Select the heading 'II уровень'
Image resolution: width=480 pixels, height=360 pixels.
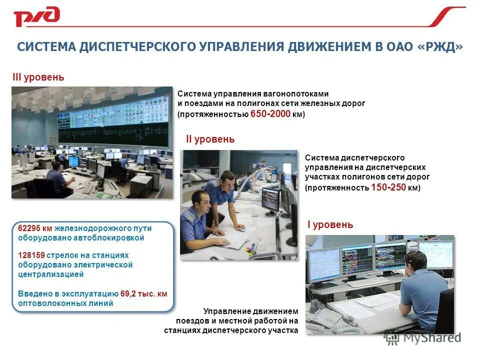[210, 139]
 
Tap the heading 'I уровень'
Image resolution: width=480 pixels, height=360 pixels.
[330, 225]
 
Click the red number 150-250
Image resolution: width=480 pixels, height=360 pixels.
[388, 187]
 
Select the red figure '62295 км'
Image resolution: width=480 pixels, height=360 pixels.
[35, 228]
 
